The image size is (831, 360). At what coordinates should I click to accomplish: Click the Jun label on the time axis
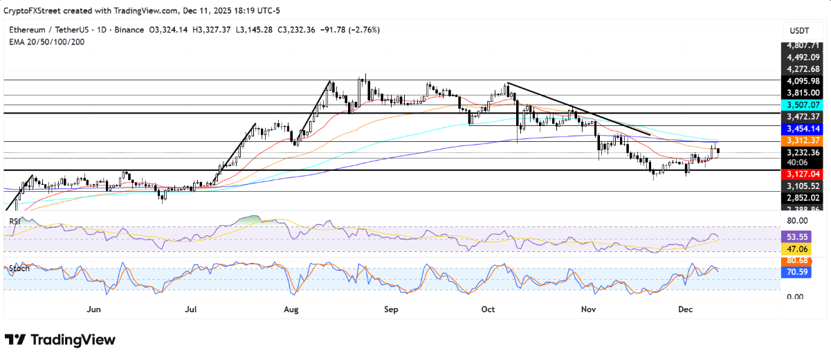95,309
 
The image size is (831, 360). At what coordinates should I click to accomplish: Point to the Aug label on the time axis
291,309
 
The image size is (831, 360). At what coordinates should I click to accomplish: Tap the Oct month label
488,309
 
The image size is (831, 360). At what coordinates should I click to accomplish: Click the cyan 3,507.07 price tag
802,105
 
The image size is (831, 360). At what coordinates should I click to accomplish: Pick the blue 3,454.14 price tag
802,129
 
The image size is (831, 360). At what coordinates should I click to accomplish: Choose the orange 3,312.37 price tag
802,141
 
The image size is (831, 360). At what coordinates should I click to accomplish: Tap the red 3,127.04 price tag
802,174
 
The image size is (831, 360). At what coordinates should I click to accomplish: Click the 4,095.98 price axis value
802,80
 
